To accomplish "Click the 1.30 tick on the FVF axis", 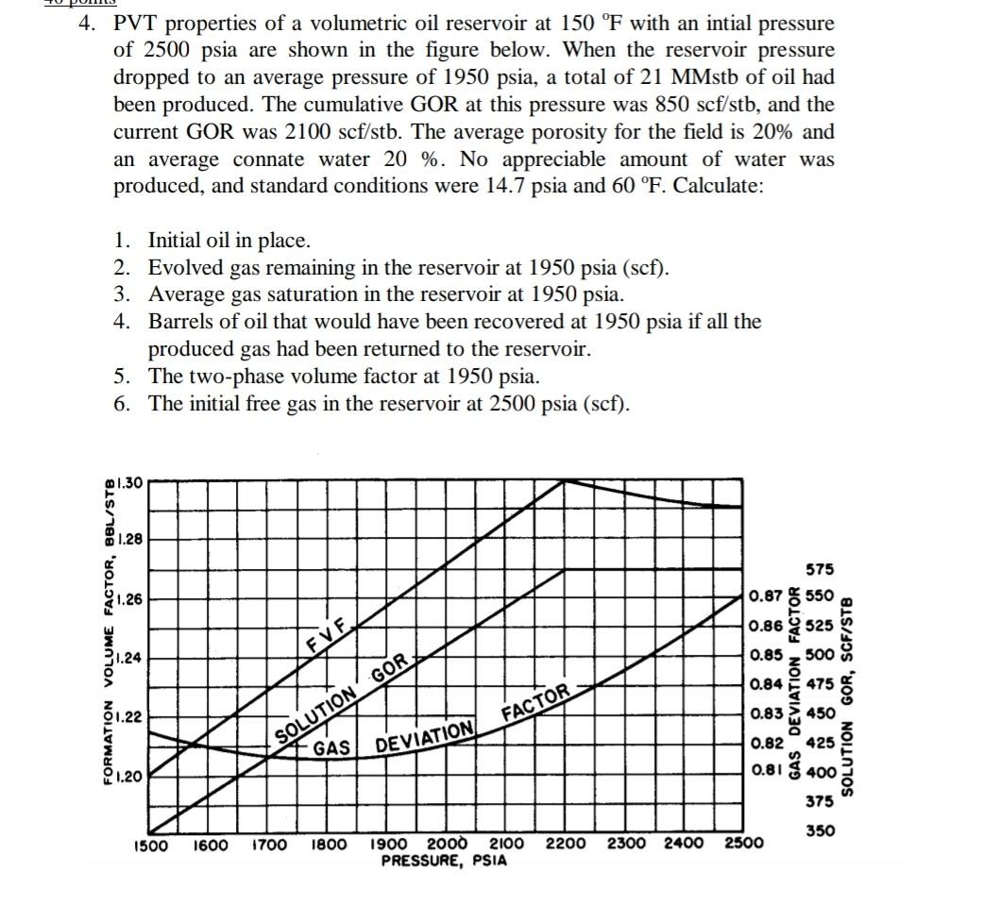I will [x=128, y=483].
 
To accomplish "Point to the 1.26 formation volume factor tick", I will [x=129, y=598].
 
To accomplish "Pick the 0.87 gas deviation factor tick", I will [x=764, y=596].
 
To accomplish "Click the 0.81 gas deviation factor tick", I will [x=764, y=771].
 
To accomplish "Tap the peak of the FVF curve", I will [x=565, y=480].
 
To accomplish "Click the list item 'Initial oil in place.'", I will [x=229, y=241].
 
